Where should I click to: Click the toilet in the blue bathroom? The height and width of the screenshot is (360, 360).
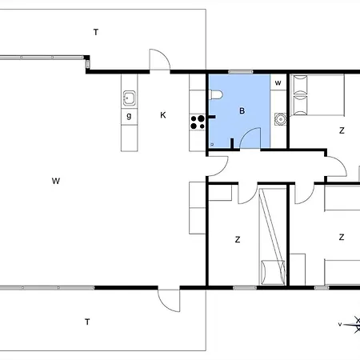(215, 95)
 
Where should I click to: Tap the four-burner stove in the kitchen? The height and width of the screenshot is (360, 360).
(198, 122)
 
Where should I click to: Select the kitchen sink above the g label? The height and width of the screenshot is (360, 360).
(130, 98)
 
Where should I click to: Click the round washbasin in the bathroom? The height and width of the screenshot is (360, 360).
(280, 119)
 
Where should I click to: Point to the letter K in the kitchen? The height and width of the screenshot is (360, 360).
(163, 115)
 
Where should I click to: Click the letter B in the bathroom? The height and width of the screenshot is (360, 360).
(242, 111)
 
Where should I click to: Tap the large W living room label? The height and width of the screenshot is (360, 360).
(56, 182)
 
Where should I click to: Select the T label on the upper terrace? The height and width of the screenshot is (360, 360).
(96, 32)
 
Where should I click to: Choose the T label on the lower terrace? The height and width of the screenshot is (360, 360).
(87, 322)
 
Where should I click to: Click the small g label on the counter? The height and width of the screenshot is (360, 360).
(129, 116)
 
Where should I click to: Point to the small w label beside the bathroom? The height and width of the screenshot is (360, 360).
(278, 83)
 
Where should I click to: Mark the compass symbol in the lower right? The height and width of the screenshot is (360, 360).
(350, 325)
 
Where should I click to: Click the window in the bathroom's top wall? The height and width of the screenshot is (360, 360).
(240, 72)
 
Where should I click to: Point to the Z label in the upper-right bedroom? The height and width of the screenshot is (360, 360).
(342, 130)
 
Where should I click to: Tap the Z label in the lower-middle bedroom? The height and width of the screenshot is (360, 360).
(238, 239)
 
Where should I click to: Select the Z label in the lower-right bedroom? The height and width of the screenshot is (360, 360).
(342, 237)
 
